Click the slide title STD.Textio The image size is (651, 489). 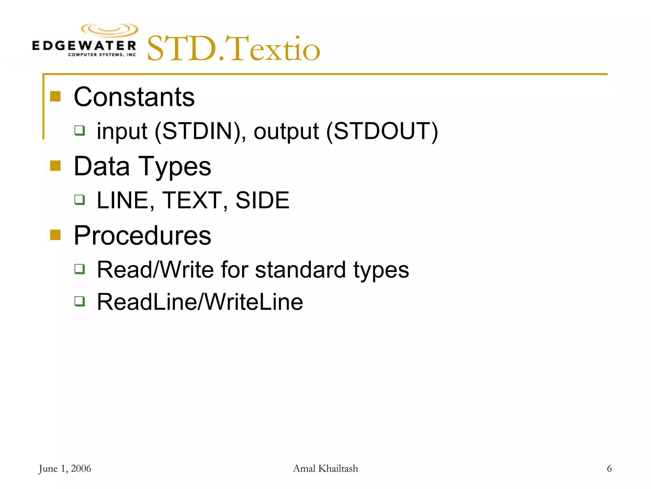[233, 49]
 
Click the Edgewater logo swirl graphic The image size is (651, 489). [110, 30]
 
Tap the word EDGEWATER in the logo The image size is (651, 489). [84, 46]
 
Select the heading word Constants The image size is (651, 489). [134, 97]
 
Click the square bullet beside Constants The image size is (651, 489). [55, 96]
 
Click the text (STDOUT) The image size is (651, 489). [382, 131]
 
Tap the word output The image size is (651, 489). [286, 131]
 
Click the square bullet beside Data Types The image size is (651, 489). [55, 166]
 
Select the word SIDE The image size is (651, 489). [262, 200]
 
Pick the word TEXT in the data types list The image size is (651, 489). [192, 200]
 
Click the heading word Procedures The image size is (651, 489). [142, 236]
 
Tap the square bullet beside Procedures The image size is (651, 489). [55, 235]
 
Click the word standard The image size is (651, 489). [300, 270]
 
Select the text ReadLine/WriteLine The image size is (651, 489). [200, 302]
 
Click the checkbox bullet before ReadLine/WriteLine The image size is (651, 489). [79, 301]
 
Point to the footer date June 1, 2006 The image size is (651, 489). [65, 469]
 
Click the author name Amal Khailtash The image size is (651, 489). [325, 469]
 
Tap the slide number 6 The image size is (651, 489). [609, 469]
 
